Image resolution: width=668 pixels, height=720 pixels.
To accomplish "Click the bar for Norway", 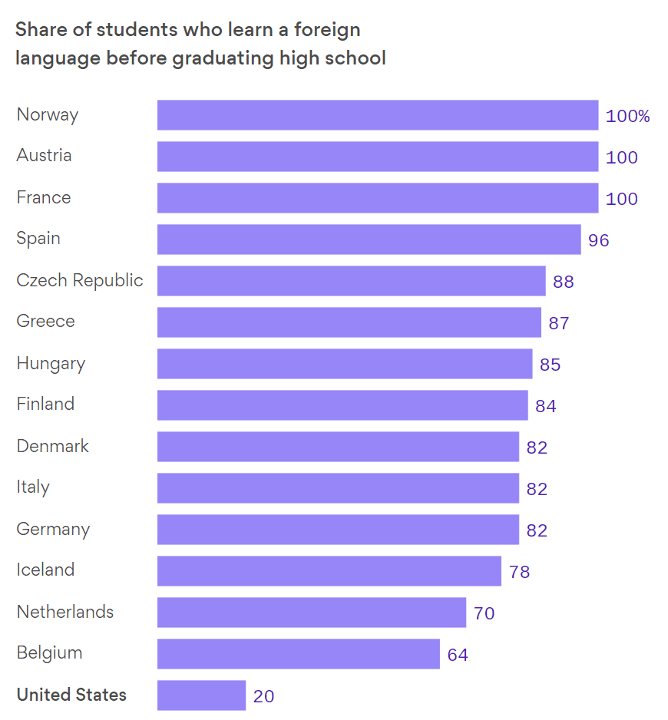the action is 378,115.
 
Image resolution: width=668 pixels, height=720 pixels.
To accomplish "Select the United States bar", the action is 202,695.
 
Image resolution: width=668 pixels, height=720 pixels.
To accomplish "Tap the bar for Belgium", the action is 299,654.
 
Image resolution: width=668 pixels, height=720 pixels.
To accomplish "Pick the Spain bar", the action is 369,239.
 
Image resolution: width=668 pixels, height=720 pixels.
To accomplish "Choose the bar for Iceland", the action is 329,571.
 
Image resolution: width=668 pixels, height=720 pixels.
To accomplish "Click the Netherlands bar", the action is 312,613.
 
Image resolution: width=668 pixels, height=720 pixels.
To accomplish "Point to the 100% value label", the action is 627,116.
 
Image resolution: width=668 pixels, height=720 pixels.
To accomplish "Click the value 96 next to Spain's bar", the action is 599,240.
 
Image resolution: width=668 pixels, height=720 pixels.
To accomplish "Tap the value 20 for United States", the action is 263,696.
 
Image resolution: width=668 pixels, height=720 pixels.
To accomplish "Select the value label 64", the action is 458,655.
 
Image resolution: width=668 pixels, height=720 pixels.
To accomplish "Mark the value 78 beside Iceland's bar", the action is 519,572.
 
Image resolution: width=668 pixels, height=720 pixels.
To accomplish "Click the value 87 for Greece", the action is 559,323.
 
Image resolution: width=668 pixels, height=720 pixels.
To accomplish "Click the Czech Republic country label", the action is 80,281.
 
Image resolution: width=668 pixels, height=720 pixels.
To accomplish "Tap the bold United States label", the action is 71,695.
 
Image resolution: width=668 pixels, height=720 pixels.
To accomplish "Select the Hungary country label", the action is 51,364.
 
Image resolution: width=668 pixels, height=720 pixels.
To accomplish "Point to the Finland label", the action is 45,404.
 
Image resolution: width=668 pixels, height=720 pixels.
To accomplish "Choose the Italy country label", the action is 32,487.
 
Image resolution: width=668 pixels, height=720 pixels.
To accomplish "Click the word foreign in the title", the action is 327,30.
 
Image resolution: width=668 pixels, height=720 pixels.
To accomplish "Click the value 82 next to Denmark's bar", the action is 537,448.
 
